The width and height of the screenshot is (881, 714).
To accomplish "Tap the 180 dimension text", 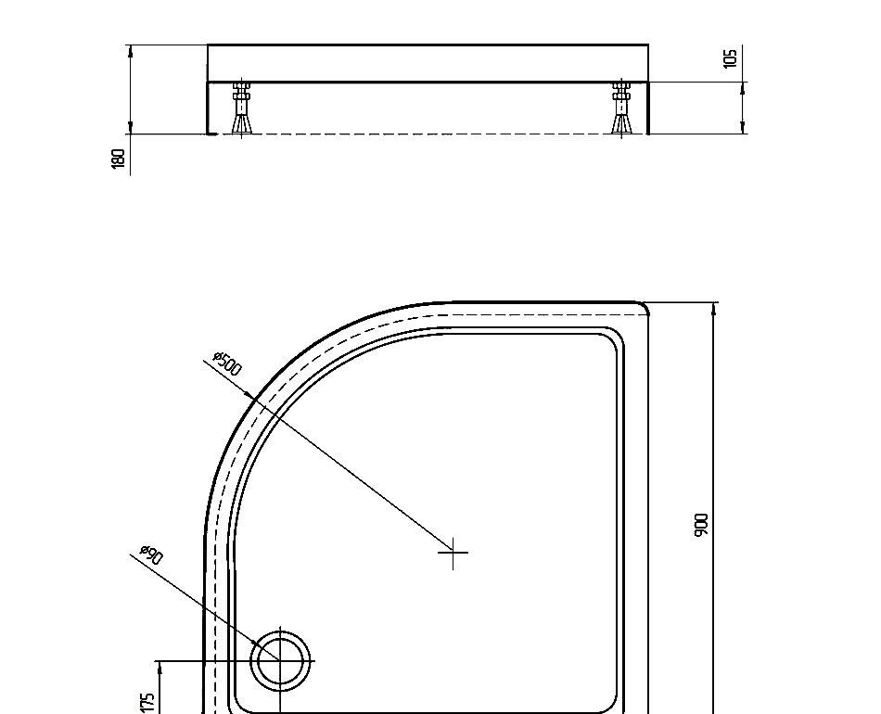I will [119, 159].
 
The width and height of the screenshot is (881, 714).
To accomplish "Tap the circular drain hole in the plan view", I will [279, 661].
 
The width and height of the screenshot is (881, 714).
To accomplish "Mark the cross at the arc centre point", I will [453, 553].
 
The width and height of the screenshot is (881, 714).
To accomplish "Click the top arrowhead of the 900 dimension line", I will [713, 310].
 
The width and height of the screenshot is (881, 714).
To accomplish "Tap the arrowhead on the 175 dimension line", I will [160, 669].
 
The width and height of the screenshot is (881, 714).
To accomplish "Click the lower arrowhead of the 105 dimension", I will [743, 127].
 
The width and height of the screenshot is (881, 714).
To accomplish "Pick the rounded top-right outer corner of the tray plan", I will [642, 307].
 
